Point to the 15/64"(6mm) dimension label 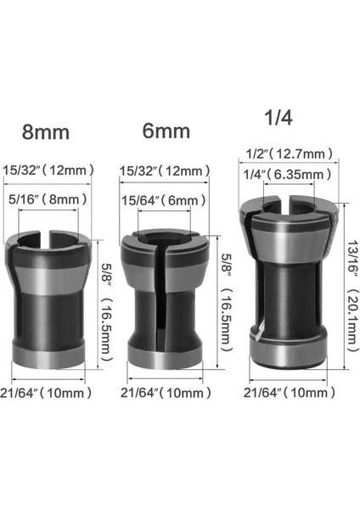pos(169,200)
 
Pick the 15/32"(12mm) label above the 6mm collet pos(166,170)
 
